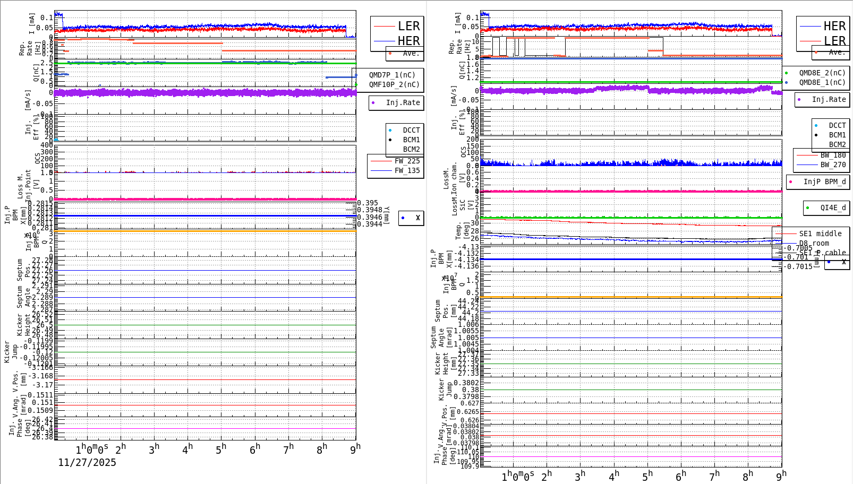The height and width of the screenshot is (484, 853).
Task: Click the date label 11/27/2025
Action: pos(87,462)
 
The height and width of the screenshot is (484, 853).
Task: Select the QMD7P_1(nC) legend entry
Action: pos(392,75)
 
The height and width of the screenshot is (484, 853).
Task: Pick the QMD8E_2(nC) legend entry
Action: pos(822,73)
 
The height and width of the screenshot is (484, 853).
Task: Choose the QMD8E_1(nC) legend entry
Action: pos(822,82)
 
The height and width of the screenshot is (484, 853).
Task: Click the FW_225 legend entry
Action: pos(407,161)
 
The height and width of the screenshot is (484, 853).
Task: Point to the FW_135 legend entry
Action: pos(407,170)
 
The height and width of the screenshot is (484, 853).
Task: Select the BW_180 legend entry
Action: pos(833,155)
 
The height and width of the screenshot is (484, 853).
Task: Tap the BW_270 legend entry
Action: pos(833,165)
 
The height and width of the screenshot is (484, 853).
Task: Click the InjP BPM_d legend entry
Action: pos(824,181)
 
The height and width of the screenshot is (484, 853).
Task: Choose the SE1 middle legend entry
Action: pos(820,234)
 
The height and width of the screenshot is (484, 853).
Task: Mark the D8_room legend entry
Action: pos(814,243)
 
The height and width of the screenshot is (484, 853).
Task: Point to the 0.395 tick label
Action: pos(368,203)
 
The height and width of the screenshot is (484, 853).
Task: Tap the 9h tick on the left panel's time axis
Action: pos(355,448)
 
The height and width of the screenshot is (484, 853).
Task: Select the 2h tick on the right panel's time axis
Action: pos(547,476)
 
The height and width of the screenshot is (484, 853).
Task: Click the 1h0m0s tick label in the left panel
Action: pos(92,450)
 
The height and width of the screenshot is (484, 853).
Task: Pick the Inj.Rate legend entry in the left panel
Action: pos(403,102)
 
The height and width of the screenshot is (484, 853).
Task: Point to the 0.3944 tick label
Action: pos(370,224)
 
